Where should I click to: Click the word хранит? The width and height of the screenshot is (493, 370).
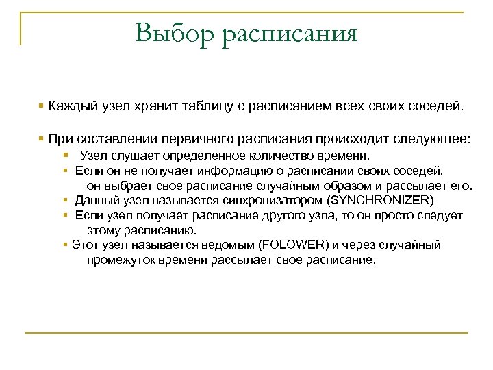coord(157,107)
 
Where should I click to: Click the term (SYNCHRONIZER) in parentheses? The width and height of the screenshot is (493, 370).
coord(381,200)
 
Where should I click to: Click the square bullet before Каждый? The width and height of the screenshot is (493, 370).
coord(42,107)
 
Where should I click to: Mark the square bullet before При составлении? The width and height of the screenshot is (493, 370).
coord(42,139)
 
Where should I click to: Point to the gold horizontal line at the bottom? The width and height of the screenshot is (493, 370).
coord(246,334)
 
